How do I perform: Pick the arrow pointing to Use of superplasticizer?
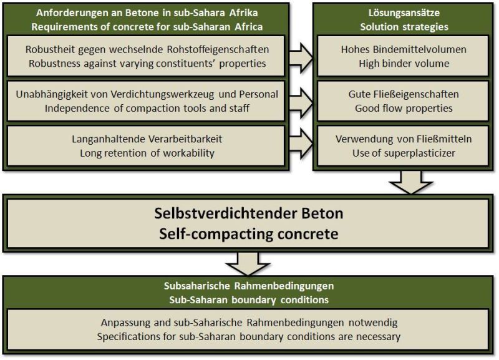pos(301,144)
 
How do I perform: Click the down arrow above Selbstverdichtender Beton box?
pos(411,182)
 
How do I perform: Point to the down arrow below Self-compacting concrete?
pos(248,264)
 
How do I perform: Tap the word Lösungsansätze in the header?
pos(404,12)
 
